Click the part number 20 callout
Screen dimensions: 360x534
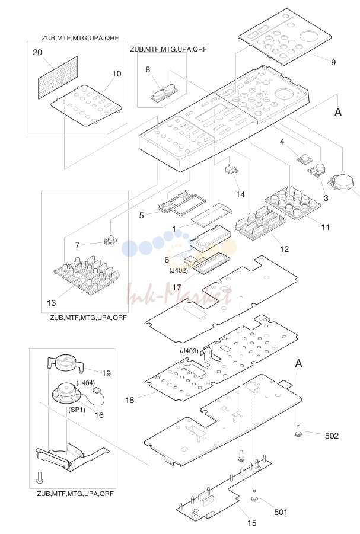tap(37, 52)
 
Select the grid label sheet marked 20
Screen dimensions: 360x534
tap(58, 77)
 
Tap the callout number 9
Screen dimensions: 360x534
tap(333, 62)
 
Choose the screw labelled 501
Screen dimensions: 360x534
tap(254, 496)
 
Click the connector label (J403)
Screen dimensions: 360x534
tap(189, 351)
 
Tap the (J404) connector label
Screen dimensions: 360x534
tap(85, 383)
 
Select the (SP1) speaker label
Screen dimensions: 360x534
tap(77, 410)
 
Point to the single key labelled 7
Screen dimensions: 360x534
tap(110, 240)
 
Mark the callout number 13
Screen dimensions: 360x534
tap(52, 303)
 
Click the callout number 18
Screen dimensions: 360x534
tap(129, 400)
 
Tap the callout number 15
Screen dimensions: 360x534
tap(251, 523)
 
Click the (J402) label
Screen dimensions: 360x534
tap(179, 270)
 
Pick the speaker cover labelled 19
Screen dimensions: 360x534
tap(65, 364)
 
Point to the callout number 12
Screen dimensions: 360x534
tap(284, 249)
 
